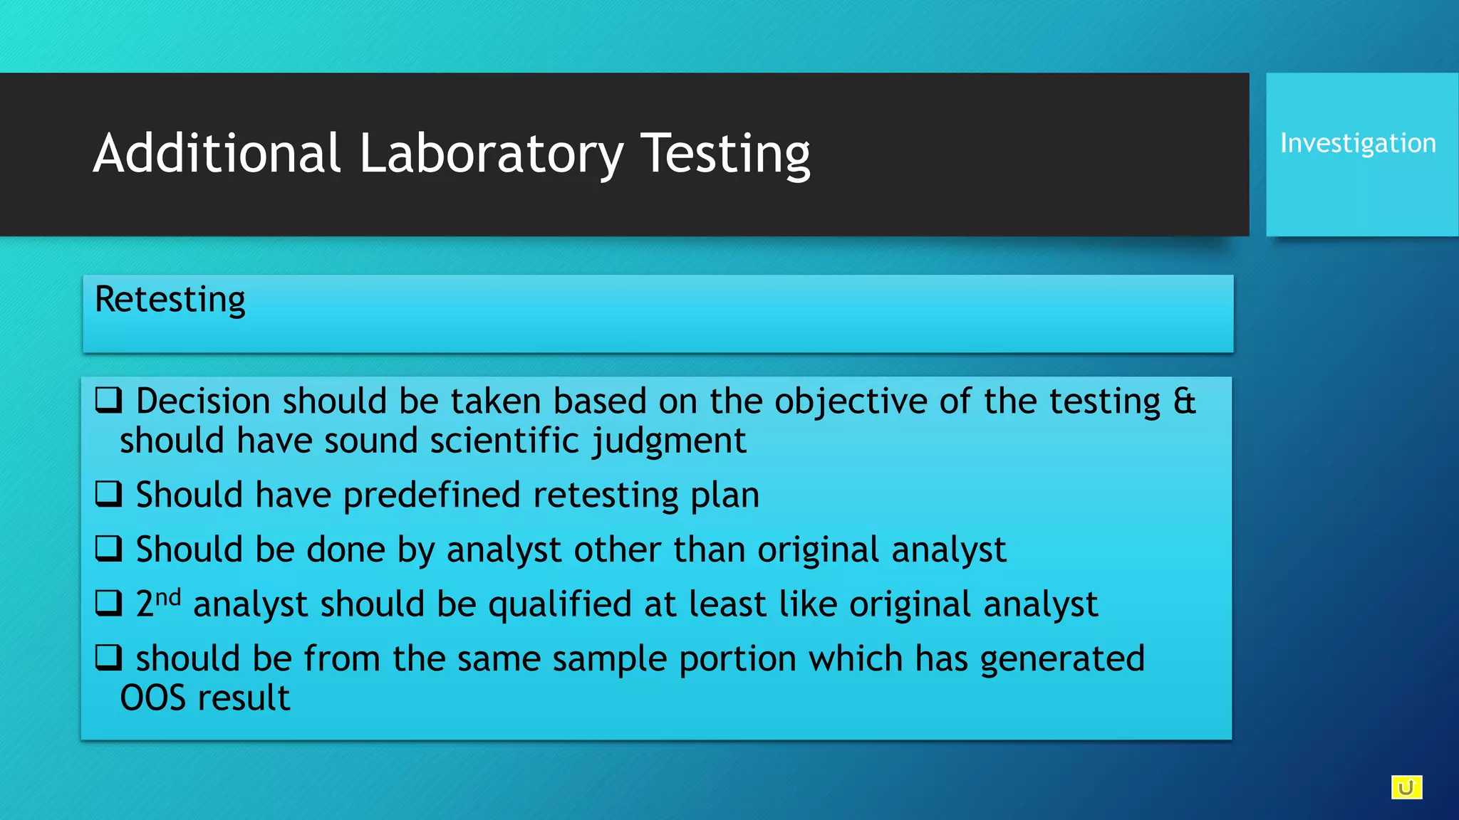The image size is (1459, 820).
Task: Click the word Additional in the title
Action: click(217, 154)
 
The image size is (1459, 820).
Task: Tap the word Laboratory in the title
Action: click(491, 154)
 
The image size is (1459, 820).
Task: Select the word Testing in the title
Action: click(725, 154)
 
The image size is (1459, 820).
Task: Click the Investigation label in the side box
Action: click(1358, 143)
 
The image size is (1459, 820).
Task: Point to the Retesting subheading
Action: click(170, 300)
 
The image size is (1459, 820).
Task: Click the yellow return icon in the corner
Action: click(1406, 787)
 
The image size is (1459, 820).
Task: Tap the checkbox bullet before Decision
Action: click(109, 400)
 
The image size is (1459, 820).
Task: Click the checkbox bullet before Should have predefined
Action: click(109, 493)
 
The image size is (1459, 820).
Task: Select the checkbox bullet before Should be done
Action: click(109, 548)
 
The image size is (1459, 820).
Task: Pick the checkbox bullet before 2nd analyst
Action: click(109, 603)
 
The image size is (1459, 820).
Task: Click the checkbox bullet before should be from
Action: click(109, 657)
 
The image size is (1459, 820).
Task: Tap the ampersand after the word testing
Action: click(1184, 401)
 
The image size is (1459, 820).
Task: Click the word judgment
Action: click(670, 441)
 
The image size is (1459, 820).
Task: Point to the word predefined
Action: click(432, 495)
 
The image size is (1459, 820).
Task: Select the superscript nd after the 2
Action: click(168, 596)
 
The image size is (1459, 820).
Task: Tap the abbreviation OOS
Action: click(152, 698)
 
